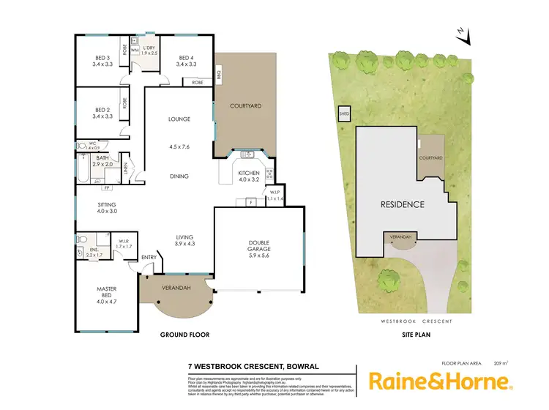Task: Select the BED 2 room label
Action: (102, 112)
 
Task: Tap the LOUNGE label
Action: (179, 119)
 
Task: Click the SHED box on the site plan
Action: (344, 114)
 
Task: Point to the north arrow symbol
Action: (460, 32)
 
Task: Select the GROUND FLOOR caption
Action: (185, 335)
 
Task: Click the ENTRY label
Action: (149, 257)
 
